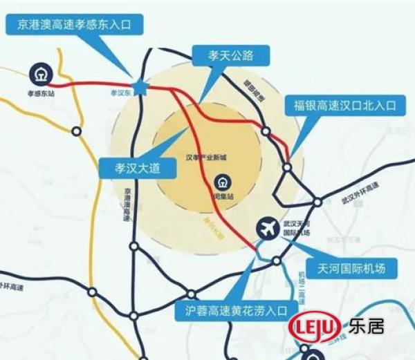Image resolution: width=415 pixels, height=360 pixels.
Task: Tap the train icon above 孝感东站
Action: tap(40, 73)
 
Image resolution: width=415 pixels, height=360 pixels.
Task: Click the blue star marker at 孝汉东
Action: tap(140, 87)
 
